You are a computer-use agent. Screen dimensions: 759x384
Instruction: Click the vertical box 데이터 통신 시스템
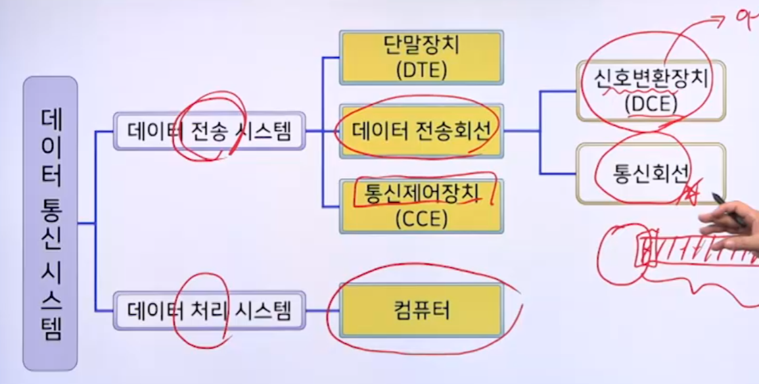[x=50, y=224]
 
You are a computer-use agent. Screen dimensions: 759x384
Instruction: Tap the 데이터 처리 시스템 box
[x=209, y=310]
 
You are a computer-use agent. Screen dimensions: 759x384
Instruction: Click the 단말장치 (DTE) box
[x=421, y=57]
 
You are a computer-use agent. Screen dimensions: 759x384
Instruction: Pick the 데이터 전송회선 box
[x=421, y=131]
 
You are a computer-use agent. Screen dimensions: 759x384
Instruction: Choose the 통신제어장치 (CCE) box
[x=421, y=206]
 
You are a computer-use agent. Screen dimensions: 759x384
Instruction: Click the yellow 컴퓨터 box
[x=421, y=310]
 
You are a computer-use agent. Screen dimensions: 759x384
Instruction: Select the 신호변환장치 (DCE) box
[x=651, y=91]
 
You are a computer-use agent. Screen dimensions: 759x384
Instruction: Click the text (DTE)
[x=421, y=70]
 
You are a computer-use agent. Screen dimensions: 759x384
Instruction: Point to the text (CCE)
[x=421, y=219]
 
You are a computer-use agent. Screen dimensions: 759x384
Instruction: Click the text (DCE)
[x=651, y=104]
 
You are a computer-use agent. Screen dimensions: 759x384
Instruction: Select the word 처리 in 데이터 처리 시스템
[x=210, y=310]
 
